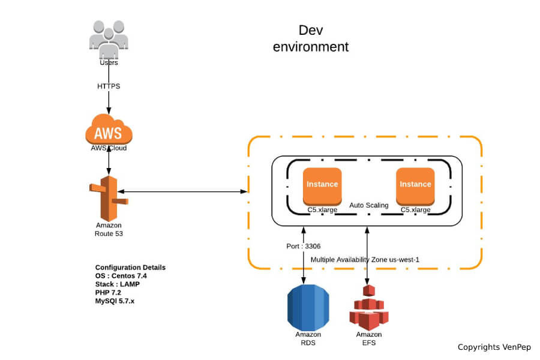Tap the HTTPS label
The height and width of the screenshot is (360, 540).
(109, 86)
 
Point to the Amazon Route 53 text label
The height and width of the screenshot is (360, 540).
(109, 229)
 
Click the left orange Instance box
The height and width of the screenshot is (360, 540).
(322, 185)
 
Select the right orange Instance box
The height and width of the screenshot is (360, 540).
(415, 185)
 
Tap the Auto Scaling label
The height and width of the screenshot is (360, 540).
(369, 205)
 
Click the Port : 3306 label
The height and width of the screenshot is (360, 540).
(305, 246)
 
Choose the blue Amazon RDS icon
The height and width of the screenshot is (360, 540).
(308, 307)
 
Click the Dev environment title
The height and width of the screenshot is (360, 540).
(310, 38)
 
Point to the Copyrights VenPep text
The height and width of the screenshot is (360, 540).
(494, 347)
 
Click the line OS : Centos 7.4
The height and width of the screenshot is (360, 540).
(121, 276)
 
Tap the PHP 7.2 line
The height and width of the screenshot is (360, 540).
(109, 293)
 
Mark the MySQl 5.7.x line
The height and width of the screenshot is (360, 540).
(115, 301)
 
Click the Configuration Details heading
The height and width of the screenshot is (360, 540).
(130, 267)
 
